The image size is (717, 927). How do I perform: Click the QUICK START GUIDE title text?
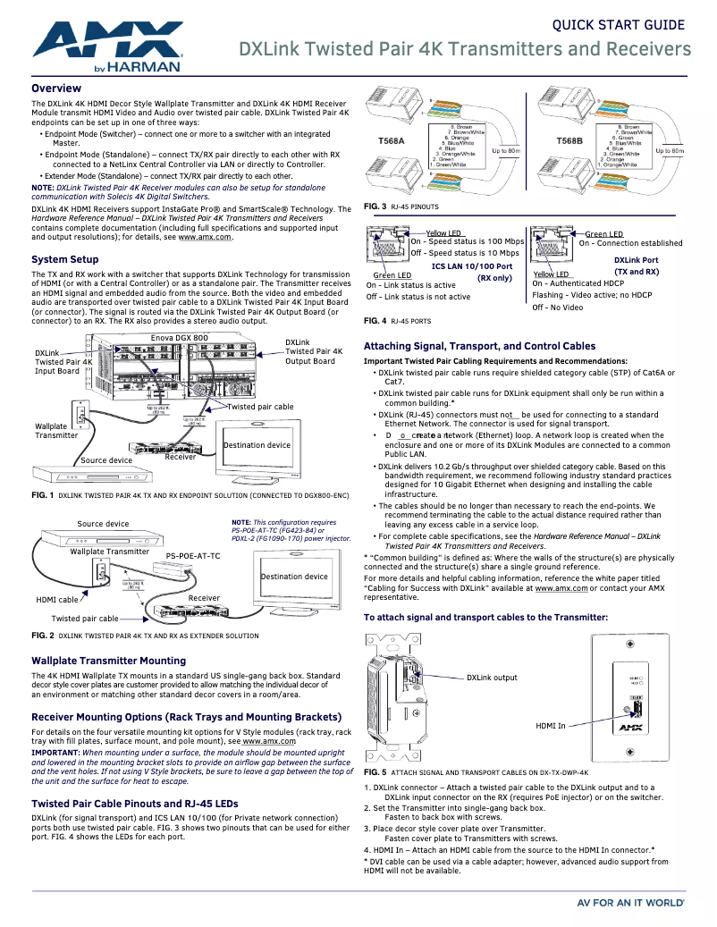click(x=620, y=25)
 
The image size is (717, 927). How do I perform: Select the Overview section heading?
click(x=56, y=88)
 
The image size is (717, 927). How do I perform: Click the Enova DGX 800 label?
click(x=179, y=338)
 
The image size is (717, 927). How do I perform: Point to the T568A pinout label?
click(x=392, y=141)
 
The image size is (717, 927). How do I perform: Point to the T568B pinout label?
click(x=569, y=141)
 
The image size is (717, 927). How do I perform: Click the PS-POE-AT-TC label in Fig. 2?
click(x=192, y=555)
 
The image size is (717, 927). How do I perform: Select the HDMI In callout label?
click(x=550, y=726)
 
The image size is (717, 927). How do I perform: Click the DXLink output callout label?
click(x=492, y=678)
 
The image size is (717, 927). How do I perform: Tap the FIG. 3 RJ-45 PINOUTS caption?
click(x=401, y=207)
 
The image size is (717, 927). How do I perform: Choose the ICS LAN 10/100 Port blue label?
click(x=471, y=265)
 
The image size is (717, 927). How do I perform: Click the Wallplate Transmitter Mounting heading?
click(x=108, y=661)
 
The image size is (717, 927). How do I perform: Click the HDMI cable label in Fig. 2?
click(x=56, y=600)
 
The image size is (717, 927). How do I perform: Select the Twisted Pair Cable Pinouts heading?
click(x=134, y=804)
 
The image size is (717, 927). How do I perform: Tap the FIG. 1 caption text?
click(x=190, y=494)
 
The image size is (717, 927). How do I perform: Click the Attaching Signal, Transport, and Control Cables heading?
click(x=479, y=346)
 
